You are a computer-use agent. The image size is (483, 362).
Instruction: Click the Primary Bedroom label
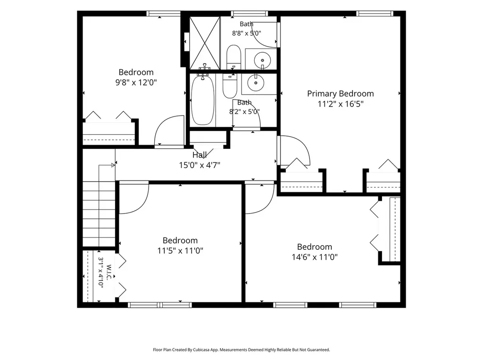[341, 94]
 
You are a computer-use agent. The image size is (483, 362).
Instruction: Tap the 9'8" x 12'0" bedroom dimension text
[136, 82]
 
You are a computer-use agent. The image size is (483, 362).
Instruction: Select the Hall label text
[200, 155]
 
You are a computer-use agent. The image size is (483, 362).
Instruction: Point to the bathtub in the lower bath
[203, 100]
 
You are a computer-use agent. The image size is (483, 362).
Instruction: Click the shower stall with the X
[205, 43]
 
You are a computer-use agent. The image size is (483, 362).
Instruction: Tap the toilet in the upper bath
[233, 58]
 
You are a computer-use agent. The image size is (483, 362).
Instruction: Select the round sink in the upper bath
[262, 60]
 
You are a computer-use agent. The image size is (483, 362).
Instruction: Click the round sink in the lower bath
[256, 82]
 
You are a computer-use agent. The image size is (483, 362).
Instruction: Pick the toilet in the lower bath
[230, 86]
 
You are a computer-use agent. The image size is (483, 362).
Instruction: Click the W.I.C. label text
[109, 272]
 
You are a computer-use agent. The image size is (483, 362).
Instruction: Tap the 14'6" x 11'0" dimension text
[315, 257]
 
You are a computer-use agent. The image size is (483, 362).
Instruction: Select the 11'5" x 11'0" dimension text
[180, 251]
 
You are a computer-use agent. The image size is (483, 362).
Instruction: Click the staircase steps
[99, 214]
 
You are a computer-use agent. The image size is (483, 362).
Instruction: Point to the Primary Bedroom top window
[375, 14]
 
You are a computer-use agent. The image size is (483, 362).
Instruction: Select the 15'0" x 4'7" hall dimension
[200, 165]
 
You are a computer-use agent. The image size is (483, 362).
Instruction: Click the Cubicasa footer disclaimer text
[241, 350]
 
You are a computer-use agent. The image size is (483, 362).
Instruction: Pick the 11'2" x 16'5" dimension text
[341, 104]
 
